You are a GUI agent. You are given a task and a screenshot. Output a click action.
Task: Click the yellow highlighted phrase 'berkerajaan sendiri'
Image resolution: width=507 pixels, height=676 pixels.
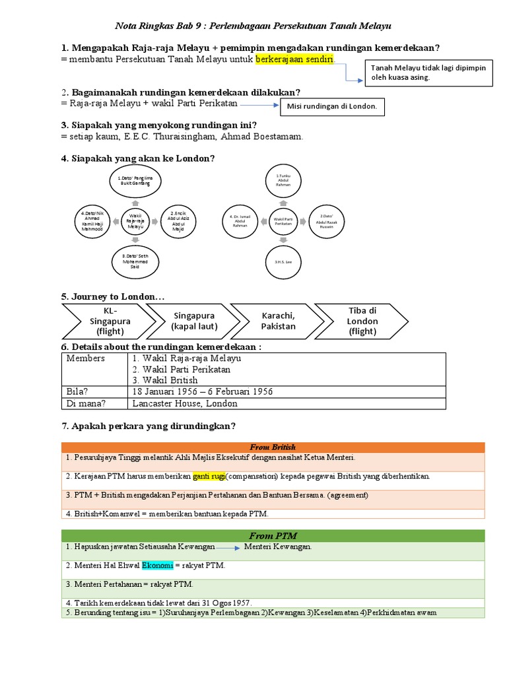tap(295, 60)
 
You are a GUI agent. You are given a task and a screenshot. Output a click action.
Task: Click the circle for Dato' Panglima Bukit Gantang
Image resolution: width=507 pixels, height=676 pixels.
tap(135, 181)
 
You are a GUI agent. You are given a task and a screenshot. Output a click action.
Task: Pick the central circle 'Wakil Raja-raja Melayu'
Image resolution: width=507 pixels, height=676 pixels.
tap(135, 220)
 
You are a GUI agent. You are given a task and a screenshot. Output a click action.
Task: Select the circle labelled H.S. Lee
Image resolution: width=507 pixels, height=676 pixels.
tap(283, 261)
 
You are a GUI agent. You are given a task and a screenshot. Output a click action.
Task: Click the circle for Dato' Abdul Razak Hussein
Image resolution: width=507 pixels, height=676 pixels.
tap(329, 220)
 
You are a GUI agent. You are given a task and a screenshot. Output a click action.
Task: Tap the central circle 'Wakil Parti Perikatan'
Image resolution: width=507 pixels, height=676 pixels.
tap(283, 220)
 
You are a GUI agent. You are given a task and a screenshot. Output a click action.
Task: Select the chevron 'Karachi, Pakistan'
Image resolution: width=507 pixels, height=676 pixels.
tap(278, 321)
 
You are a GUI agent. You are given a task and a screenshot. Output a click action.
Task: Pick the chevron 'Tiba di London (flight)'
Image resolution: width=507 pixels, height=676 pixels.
tap(362, 321)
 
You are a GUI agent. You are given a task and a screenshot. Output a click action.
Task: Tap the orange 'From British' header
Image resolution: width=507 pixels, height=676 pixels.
tap(273, 447)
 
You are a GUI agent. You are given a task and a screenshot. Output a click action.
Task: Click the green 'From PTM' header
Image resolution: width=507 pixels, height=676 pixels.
tap(273, 535)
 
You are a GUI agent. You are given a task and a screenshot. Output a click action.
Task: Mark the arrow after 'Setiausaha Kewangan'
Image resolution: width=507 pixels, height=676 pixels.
tap(228, 547)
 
